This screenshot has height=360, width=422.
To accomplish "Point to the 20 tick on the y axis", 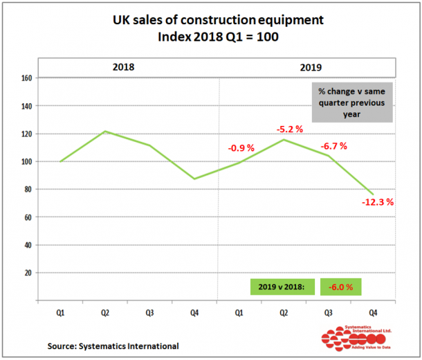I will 28,273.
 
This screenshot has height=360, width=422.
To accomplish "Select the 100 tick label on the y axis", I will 26,162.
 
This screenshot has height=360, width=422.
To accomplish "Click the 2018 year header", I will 123,67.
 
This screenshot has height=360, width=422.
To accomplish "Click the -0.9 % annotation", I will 241,147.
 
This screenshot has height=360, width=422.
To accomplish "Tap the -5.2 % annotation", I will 289,129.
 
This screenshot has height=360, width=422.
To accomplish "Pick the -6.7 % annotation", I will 334,146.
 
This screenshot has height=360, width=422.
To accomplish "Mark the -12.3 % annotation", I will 378,202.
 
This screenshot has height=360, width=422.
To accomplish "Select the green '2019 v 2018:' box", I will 282,287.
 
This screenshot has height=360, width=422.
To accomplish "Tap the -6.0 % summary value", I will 340,287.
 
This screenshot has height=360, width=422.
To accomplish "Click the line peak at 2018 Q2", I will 106,131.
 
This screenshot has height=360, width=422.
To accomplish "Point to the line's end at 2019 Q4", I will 374,195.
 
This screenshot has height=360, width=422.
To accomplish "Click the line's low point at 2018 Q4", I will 195,179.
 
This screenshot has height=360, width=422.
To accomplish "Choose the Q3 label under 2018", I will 150,313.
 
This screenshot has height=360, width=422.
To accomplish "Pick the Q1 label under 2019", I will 240,313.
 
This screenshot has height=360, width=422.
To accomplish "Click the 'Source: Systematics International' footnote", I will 113,345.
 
